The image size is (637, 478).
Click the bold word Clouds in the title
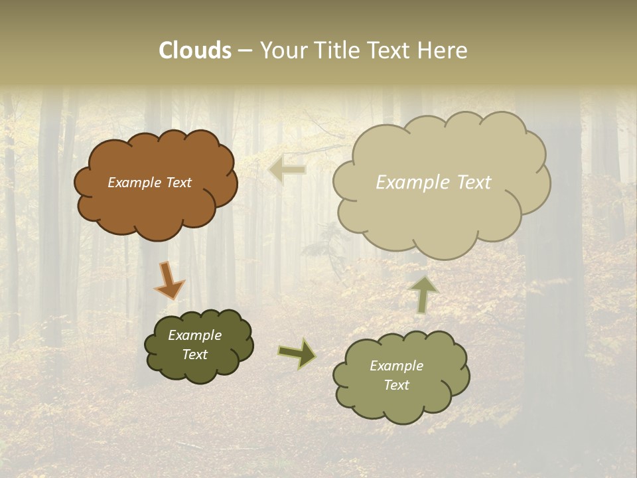point(195,50)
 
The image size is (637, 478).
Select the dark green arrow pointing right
point(297,353)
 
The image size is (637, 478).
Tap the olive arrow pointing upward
point(423,294)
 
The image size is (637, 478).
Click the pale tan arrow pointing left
point(288,170)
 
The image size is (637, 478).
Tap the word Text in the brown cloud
point(178,183)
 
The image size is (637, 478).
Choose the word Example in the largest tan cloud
point(411,183)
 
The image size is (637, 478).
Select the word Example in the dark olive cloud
point(194,335)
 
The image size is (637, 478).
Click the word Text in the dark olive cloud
point(194,355)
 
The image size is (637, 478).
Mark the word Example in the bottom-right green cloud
point(396,366)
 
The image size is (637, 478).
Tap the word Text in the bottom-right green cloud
point(396,385)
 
